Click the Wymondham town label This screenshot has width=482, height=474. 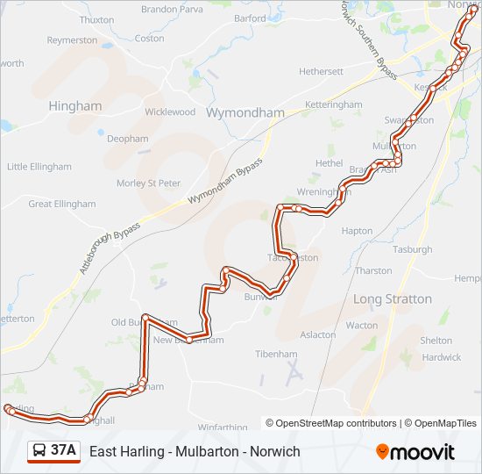pyautogui.click(x=233, y=113)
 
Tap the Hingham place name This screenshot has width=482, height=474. pyautogui.click(x=75, y=106)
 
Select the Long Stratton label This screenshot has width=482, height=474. pyautogui.click(x=392, y=299)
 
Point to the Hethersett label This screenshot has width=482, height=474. pyautogui.click(x=321, y=71)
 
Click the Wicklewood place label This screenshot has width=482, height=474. pyautogui.click(x=170, y=112)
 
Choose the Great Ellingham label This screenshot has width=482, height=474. pyautogui.click(x=62, y=204)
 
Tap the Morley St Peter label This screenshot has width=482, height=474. pyautogui.click(x=148, y=183)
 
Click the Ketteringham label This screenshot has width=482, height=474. pyautogui.click(x=333, y=104)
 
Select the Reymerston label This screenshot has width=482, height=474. pyautogui.click(x=72, y=40)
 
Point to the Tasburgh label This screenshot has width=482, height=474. pyautogui.click(x=413, y=249)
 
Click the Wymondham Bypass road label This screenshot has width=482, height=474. pyautogui.click(x=224, y=183)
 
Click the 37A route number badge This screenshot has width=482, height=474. pyautogui.click(x=63, y=451)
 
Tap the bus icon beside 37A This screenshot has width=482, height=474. pyautogui.click(x=39, y=451)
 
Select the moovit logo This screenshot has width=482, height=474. pyautogui.click(x=415, y=452)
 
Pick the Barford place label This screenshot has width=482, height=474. pyautogui.click(x=250, y=18)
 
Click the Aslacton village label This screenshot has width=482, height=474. pyautogui.click(x=318, y=334)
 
